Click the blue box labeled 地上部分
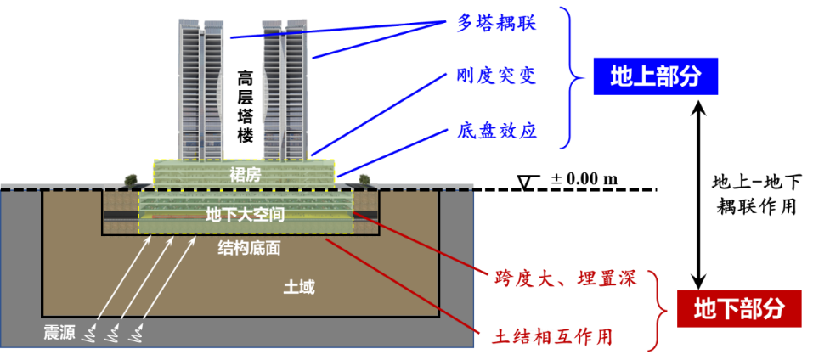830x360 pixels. (x=655, y=76)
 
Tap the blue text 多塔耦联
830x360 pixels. (x=495, y=23)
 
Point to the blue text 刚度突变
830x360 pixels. (x=495, y=76)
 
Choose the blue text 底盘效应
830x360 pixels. (x=495, y=131)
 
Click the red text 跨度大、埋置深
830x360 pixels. (x=564, y=278)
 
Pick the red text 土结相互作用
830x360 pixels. (x=551, y=337)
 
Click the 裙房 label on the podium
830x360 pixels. (x=244, y=175)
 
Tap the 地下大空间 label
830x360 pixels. (x=245, y=216)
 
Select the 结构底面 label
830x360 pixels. (x=249, y=248)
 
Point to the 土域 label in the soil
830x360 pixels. (x=298, y=287)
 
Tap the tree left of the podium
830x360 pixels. (x=131, y=179)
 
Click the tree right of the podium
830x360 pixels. (x=364, y=178)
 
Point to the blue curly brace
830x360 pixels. (x=574, y=78)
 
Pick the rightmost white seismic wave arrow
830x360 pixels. (x=167, y=286)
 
